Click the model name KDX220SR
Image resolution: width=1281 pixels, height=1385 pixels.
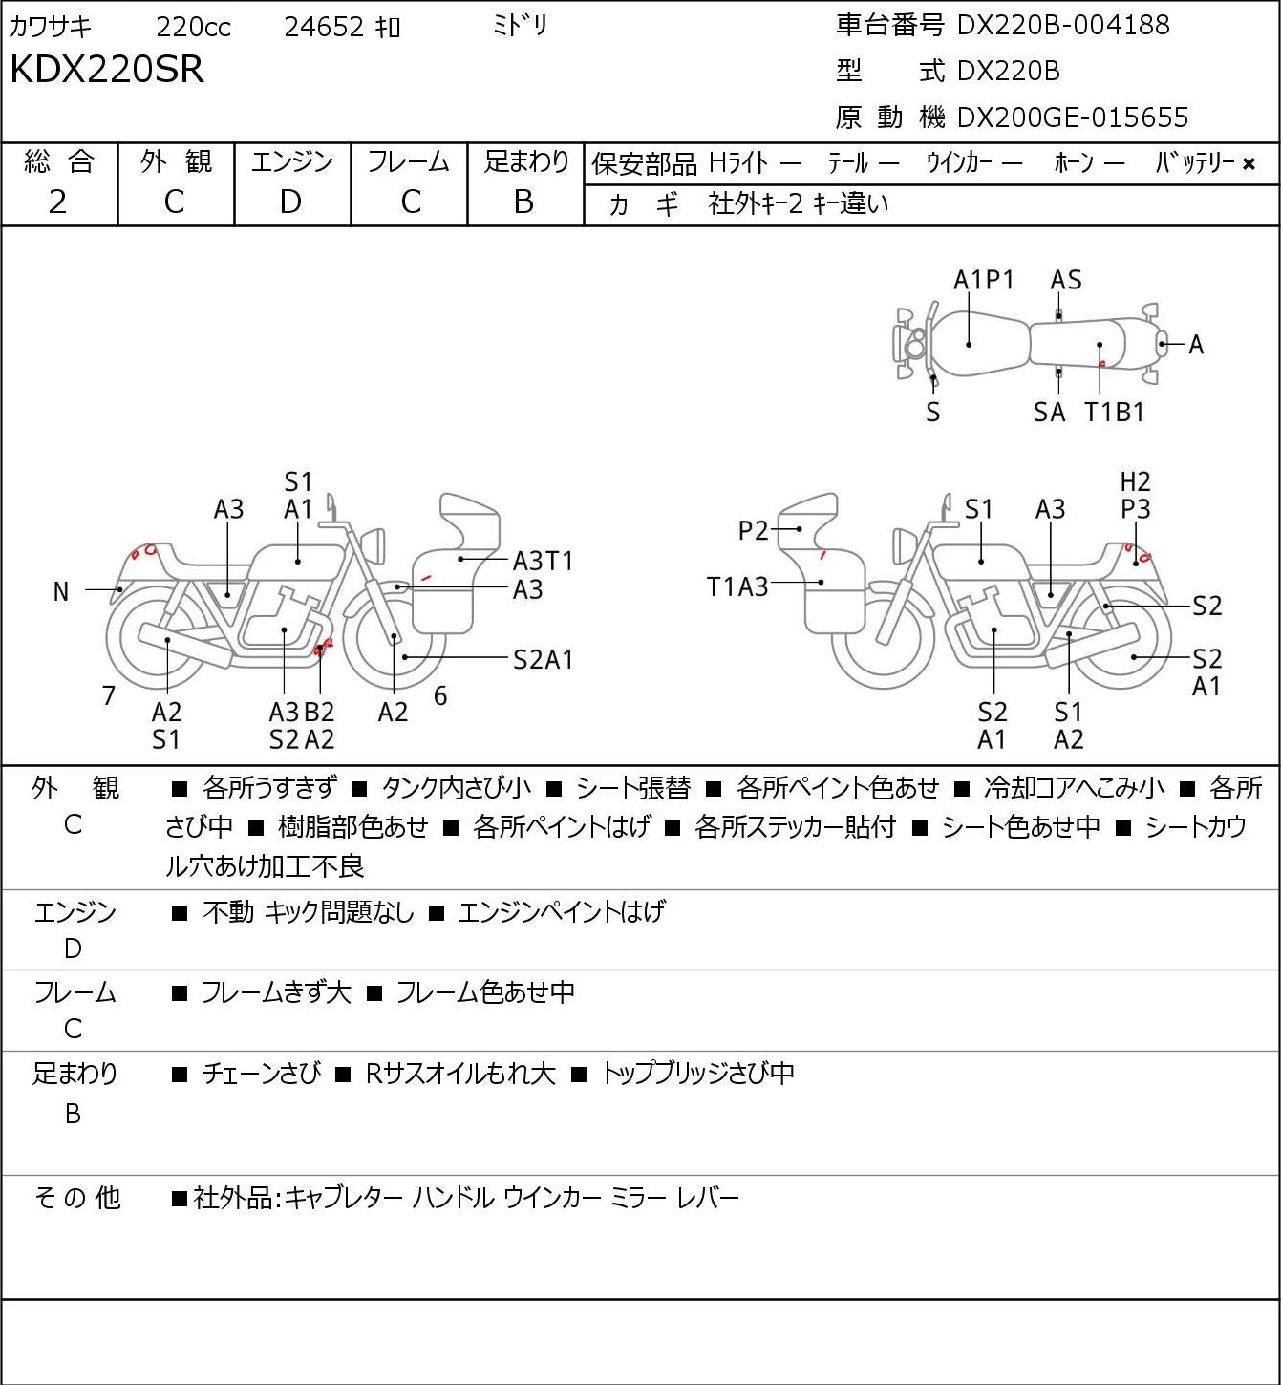(x=107, y=70)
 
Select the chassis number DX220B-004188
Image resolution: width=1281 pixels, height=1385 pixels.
(x=1063, y=25)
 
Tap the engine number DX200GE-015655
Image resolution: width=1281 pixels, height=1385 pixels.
(x=1073, y=117)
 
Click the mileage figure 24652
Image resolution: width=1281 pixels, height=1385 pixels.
(x=324, y=27)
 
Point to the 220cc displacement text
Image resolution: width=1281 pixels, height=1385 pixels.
(x=193, y=27)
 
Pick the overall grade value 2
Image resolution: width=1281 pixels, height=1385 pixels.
(x=57, y=202)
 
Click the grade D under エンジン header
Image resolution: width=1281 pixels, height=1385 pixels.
(x=290, y=202)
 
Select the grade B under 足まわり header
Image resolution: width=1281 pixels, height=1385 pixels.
(x=523, y=202)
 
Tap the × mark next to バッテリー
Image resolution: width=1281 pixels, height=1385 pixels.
(x=1249, y=164)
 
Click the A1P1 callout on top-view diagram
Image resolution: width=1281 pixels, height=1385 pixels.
(x=984, y=280)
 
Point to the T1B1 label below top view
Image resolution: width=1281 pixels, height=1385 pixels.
(x=1114, y=412)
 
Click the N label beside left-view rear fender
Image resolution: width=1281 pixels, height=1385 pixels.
(x=61, y=592)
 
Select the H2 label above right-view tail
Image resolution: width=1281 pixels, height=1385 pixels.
(x=1135, y=481)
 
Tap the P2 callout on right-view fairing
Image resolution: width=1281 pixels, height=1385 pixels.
(x=753, y=531)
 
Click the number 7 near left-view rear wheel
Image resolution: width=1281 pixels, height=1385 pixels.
(x=108, y=695)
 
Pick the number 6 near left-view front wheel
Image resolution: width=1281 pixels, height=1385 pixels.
(x=440, y=695)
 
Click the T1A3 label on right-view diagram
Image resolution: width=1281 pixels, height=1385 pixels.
(x=737, y=587)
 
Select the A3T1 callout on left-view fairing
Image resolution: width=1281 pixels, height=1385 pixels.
(x=543, y=561)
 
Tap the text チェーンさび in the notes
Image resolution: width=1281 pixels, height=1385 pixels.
(x=262, y=1074)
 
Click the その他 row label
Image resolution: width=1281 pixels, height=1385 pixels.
(x=77, y=1198)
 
